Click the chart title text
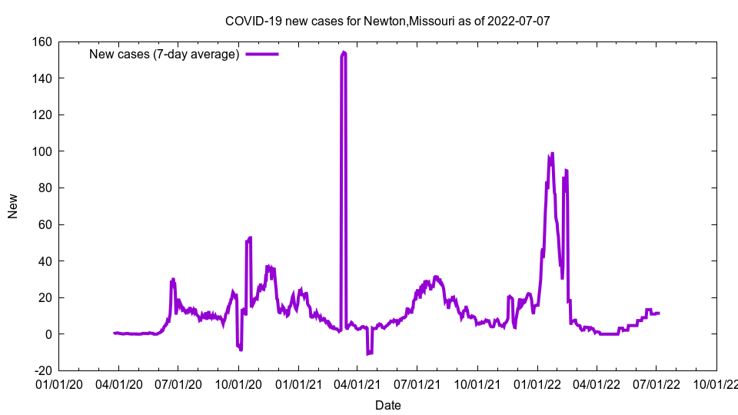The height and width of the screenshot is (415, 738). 387,21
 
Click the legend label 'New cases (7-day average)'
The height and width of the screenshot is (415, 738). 165,54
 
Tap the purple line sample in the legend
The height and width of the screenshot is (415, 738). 261,54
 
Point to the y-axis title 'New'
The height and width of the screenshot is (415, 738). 13,205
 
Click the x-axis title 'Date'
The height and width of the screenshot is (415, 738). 387,405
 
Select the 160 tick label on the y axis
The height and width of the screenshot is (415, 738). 42,41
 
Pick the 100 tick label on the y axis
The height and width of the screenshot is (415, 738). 42,151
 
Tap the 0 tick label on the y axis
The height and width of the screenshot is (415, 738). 48,334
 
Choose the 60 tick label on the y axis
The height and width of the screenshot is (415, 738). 45,224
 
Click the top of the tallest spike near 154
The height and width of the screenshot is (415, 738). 344,52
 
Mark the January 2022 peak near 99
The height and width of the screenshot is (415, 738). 552,154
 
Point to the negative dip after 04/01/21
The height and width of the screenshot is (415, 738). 369,353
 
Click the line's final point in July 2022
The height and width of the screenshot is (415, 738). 659,313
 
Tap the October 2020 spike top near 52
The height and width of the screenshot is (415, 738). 250,238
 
